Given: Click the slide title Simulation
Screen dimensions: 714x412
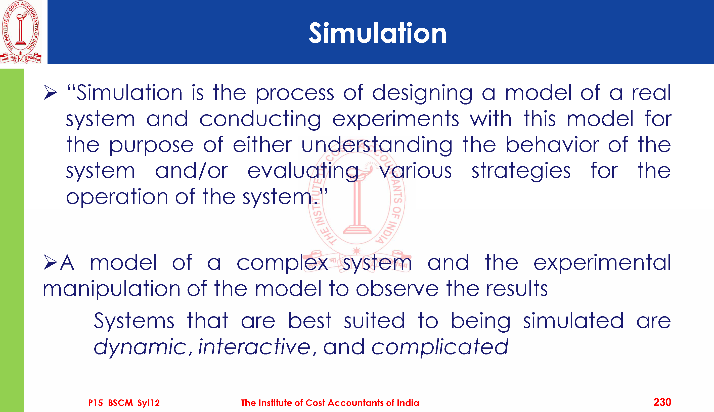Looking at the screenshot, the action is tap(378, 33).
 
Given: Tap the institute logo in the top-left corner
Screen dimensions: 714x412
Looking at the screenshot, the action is tap(21, 32).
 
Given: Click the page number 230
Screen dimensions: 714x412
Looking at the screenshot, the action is tap(662, 402).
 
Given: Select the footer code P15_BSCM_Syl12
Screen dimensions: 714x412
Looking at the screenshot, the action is tap(124, 403).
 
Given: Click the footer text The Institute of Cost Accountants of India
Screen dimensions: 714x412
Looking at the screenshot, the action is tap(330, 403).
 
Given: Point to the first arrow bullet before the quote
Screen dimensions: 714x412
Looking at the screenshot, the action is tap(50, 92).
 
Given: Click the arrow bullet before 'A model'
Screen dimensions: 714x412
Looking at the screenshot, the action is tap(50, 262).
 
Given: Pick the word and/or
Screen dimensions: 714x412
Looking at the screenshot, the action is tap(191, 171).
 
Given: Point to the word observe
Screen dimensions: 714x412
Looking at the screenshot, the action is tap(397, 289).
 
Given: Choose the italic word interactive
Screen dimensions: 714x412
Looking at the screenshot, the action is tap(254, 347).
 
